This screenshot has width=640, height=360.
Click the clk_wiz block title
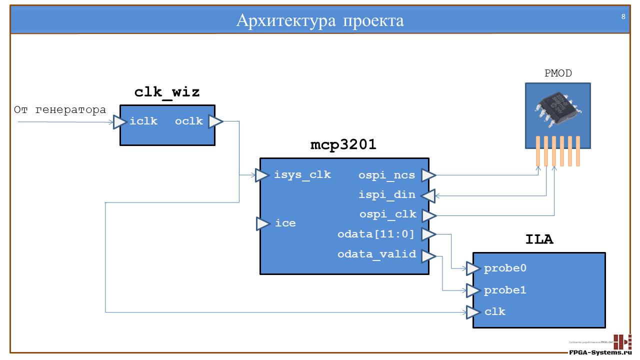(x=167, y=92)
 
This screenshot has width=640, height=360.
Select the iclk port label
(x=143, y=121)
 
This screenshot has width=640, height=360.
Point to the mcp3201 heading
(x=343, y=145)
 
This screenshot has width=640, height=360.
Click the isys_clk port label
(x=302, y=175)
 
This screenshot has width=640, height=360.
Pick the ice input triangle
(x=263, y=223)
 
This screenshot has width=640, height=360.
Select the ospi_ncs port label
(x=386, y=175)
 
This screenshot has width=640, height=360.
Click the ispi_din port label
(x=387, y=195)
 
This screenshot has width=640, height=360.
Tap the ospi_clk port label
(x=387, y=214)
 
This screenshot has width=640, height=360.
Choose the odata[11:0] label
(x=376, y=233)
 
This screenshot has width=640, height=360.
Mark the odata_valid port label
(x=376, y=254)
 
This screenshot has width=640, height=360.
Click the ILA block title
(x=539, y=240)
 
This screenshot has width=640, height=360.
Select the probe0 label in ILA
(x=505, y=268)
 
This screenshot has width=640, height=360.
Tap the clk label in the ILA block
(x=495, y=311)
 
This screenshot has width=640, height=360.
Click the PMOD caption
(x=558, y=73)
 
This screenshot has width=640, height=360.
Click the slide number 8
(x=623, y=16)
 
